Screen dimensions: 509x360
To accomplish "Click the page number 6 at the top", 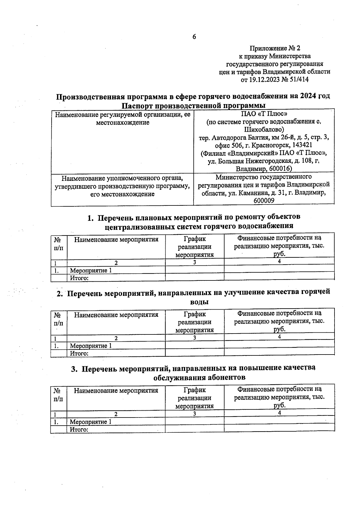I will [194, 37].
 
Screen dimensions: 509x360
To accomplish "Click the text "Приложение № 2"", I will [275, 48].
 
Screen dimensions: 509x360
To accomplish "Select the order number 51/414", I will [298, 80].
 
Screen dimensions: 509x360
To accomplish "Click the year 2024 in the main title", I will [307, 96].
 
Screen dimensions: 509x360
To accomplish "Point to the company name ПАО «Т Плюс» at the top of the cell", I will [264, 114].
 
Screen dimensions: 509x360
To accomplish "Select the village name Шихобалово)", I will [264, 130].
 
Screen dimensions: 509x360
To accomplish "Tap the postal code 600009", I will [264, 201].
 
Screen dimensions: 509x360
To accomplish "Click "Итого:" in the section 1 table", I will [79, 278].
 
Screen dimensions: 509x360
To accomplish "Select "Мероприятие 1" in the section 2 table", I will [91, 346].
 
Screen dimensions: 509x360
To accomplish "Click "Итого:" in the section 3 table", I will [79, 430].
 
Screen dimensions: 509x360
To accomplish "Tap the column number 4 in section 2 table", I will [279, 337].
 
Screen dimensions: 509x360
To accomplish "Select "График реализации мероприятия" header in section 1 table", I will [194, 247].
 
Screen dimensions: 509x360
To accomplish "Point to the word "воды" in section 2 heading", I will [199, 302].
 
